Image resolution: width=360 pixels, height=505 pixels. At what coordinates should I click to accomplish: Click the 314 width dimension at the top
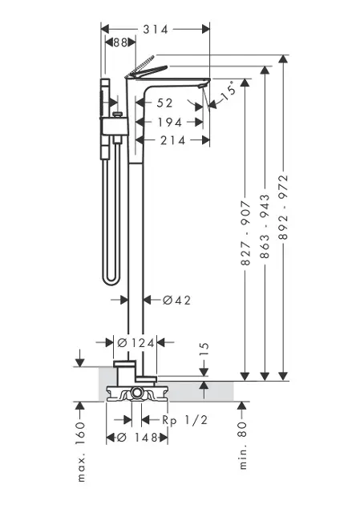pos(156,30)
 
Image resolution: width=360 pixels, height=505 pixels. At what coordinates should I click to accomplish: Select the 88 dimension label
pos(120,42)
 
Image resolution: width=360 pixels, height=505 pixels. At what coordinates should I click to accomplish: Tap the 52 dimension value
pos(165,103)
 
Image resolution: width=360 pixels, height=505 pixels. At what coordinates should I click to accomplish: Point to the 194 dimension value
pos(170,122)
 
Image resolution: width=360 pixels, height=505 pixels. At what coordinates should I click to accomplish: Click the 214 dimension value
pos(173,140)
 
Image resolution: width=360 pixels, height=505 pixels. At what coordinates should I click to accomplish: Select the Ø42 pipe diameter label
pos(176,300)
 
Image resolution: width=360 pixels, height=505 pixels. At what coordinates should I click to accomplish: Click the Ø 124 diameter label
pos(136,343)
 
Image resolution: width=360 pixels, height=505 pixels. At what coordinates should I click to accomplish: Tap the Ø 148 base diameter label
pos(137,438)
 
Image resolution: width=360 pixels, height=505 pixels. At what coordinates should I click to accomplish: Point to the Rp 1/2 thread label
pos(184,420)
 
